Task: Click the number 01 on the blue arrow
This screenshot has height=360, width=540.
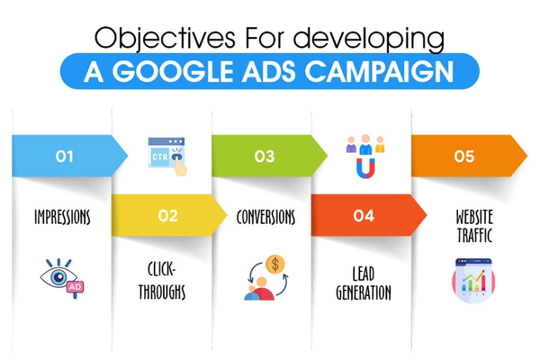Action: pos(65,157)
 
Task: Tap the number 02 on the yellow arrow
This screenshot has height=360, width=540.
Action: pos(167,216)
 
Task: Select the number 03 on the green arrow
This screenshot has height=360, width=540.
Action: pos(265,157)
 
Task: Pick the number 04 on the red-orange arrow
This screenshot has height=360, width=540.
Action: pos(364,216)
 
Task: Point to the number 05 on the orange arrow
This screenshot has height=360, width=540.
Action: pos(464,157)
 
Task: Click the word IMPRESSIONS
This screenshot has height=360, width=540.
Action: pos(62,217)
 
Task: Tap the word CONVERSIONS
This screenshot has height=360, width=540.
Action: pos(265,217)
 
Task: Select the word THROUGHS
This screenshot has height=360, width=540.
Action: pos(162,292)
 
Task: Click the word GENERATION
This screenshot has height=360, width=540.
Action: pos(364,292)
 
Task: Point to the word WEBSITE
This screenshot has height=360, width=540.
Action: pos(474,217)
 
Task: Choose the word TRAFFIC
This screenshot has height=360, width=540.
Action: pos(474,235)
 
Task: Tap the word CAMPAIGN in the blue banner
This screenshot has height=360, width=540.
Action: pos(379,72)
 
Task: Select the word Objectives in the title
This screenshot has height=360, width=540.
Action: pos(165,39)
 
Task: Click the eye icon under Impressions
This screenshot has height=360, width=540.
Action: pos(58,275)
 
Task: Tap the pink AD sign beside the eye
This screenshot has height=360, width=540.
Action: pos(76,287)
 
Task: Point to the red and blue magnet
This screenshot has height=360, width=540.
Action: pos(365,168)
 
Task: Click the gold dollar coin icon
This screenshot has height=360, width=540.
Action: pos(275,265)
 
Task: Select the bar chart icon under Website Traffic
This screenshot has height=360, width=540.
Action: pos(473,281)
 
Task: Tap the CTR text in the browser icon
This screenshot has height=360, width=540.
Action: pos(160,157)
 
